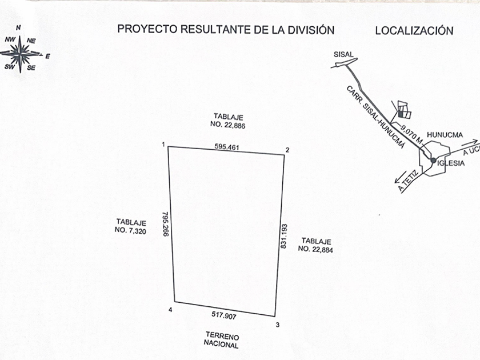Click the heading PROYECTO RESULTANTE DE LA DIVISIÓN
coord(226,30)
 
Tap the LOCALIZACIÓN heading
coord(414,31)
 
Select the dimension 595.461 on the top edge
coord(227,147)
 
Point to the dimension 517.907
coord(221,315)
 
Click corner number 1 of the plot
coord(163,145)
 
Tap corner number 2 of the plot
coord(287,150)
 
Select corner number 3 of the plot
coord(278,325)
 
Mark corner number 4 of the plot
coord(170,310)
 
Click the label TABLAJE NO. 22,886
coord(228,120)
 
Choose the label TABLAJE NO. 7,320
coord(131,226)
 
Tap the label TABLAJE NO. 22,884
coord(317,245)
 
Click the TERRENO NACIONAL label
coord(221,341)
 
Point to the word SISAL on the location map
coord(344,54)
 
